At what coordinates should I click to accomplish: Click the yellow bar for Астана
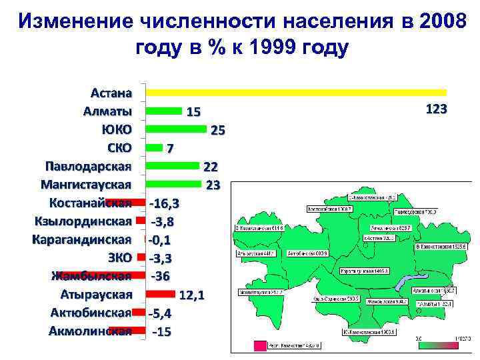pos(296,92)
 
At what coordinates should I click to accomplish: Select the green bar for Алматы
pos(163,110)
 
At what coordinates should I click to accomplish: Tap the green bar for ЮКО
pos(179,129)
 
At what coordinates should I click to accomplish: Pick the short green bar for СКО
pos(154,147)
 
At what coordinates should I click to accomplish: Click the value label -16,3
pos(169,202)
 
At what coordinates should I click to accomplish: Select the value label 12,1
pos(192,294)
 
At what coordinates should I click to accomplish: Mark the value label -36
pos(163,275)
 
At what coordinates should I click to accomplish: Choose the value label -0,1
pos(161,239)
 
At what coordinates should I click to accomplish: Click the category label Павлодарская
pos(88,165)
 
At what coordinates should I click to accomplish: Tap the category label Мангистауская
pos(87,183)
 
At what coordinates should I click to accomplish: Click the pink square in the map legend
pos(259,346)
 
